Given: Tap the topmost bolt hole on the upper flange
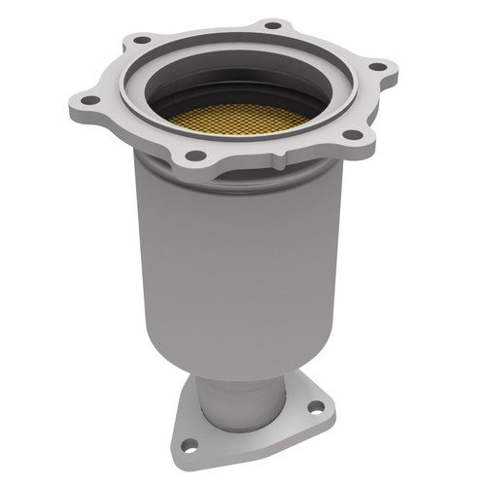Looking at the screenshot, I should click(x=273, y=24).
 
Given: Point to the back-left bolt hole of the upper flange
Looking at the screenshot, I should click(x=143, y=41).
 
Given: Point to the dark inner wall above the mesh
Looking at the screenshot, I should click(x=243, y=83).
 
